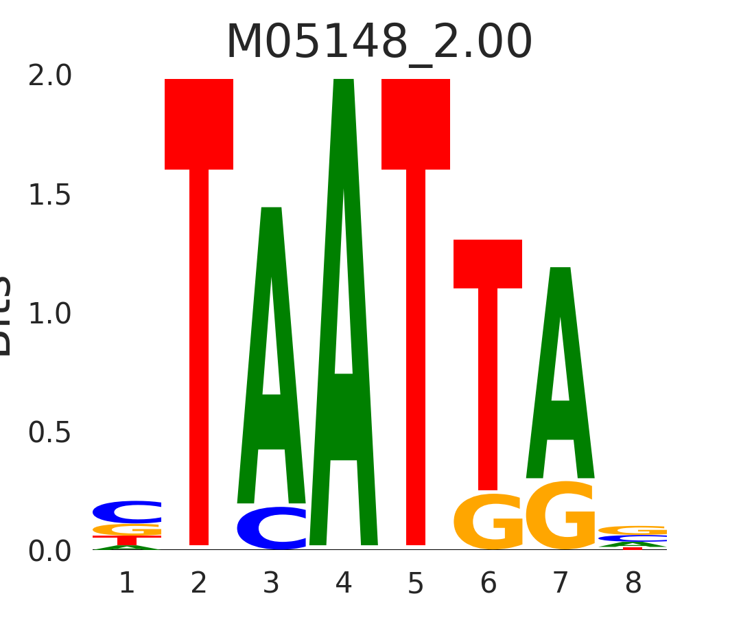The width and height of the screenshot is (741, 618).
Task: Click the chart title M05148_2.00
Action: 379,43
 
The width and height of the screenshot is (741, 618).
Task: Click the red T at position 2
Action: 199,275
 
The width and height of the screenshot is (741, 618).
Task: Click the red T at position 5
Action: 416,275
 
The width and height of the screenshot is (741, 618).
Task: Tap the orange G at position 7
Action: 561,516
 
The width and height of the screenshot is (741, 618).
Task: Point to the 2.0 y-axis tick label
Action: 49,76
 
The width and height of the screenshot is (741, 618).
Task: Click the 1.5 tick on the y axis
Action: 49,196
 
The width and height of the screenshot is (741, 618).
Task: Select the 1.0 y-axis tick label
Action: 49,314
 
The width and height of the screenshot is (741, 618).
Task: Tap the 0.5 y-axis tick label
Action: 49,433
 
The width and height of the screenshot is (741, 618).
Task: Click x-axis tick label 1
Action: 127,584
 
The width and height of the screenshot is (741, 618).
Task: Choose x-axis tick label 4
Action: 344,584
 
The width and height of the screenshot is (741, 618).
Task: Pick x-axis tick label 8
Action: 633,584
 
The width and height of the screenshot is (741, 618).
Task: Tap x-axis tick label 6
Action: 488,584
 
